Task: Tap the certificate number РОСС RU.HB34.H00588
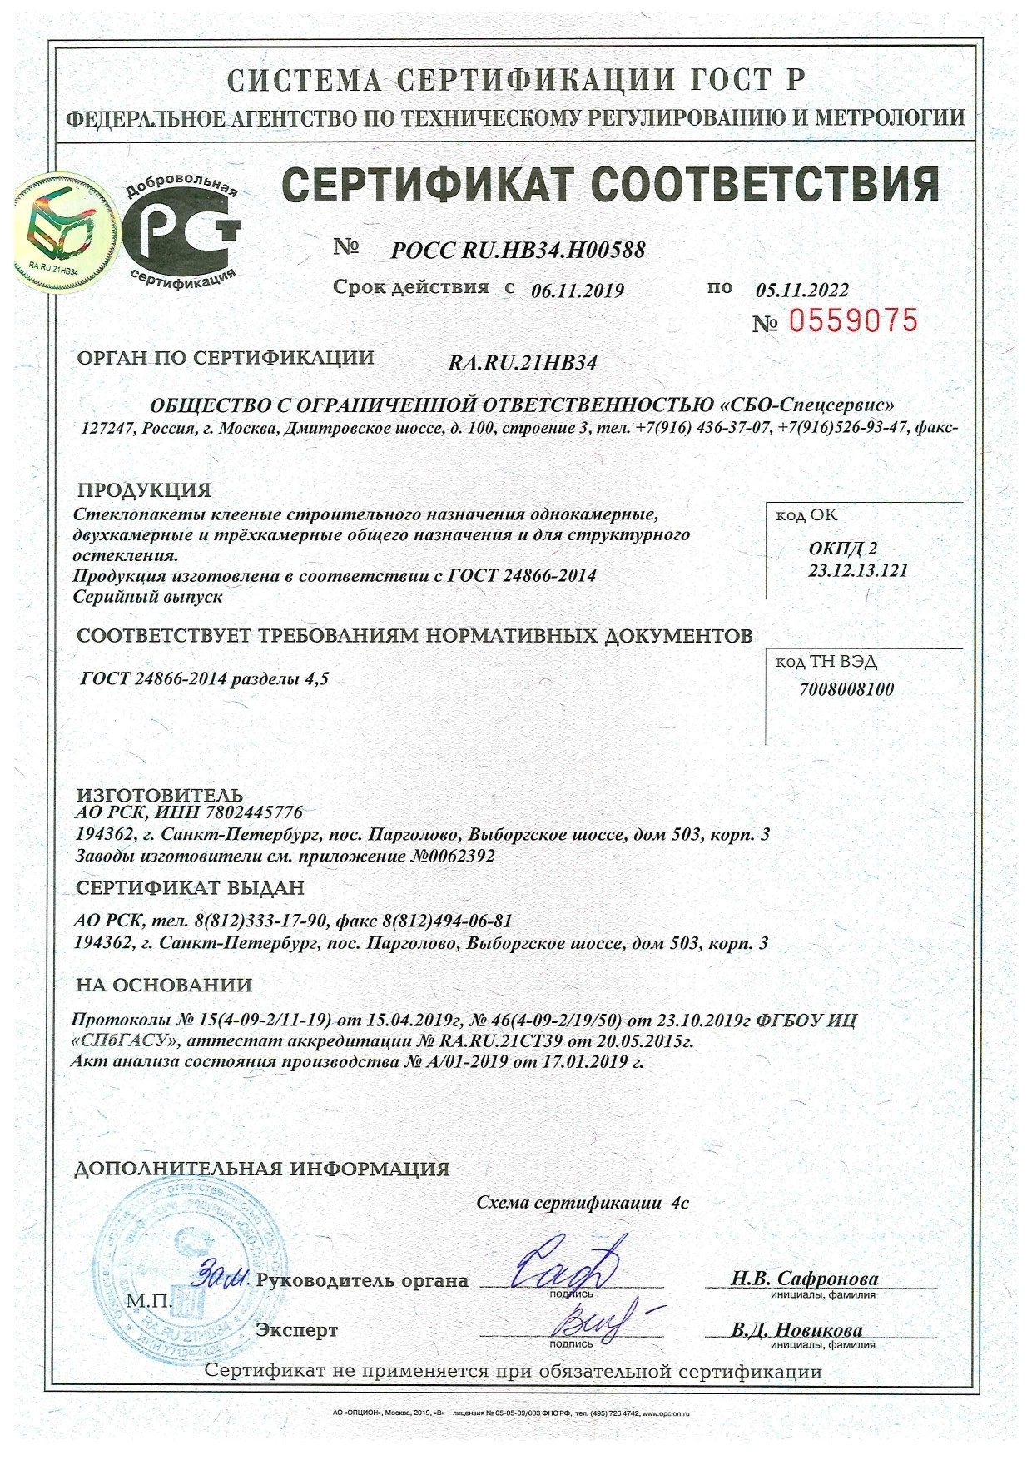[518, 250]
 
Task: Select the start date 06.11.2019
[577, 291]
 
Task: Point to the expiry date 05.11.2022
[802, 290]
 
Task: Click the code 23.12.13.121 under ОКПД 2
[857, 570]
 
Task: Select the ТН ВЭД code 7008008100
[846, 689]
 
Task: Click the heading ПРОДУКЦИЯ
[144, 489]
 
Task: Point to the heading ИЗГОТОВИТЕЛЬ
[160, 795]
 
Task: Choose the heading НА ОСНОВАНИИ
[164, 986]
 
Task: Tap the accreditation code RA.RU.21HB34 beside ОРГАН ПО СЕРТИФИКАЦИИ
[523, 363]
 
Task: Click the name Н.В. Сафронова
[805, 1279]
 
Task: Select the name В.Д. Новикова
[797, 1330]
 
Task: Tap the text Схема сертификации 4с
[583, 1203]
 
